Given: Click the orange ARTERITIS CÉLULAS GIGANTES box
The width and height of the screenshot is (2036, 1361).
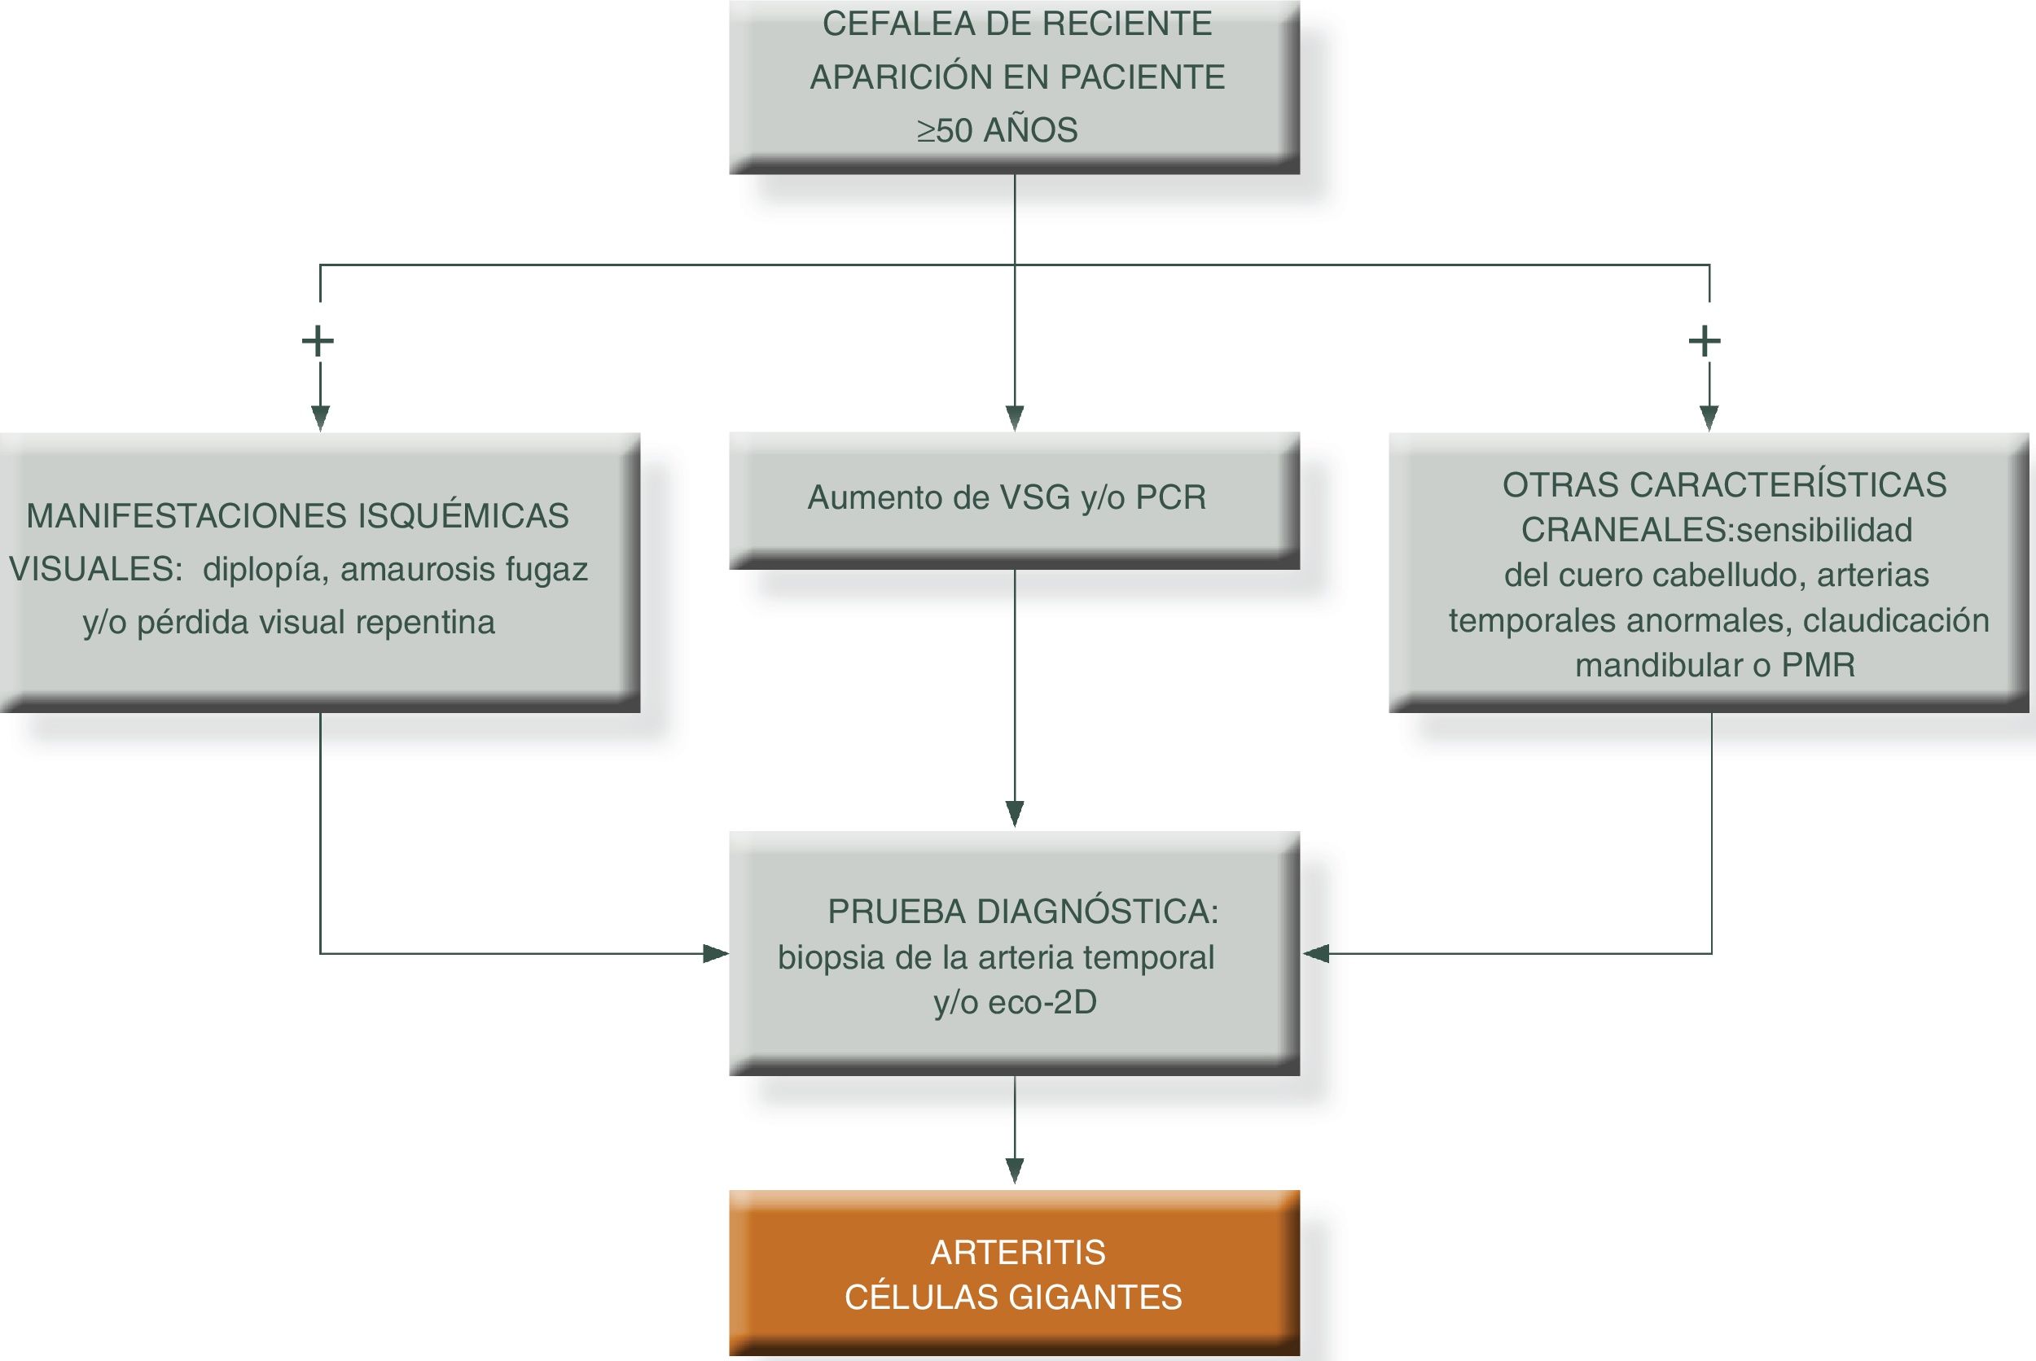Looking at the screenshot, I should point(1014,1272).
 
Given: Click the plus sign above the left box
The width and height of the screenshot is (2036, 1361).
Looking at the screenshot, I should point(318,340).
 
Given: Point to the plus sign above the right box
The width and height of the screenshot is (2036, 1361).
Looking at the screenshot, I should point(1705,340).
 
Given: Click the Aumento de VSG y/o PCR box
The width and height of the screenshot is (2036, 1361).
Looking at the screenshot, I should point(1014,499).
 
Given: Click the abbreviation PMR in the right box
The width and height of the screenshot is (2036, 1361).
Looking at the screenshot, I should point(1818,666).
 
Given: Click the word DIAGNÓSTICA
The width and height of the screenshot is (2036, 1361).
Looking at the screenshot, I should point(1098,912).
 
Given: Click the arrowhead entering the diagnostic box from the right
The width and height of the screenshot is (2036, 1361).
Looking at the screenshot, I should point(1315,954).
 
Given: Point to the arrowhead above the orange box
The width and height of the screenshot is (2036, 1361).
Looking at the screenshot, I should point(1014,1171).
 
